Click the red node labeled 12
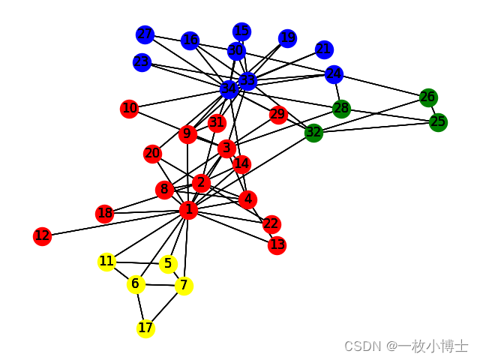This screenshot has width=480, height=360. click(42, 236)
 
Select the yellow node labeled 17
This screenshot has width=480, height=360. click(145, 328)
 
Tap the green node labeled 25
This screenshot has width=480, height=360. click(438, 121)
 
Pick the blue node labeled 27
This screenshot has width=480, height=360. click(145, 34)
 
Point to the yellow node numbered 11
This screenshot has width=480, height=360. click(107, 262)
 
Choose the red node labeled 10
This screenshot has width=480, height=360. click(130, 109)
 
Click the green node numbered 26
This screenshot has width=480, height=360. click(427, 97)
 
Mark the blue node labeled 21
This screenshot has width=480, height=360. click(324, 49)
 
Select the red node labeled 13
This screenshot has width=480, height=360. click(277, 244)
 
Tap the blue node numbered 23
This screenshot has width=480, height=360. click(142, 62)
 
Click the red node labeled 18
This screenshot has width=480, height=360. click(105, 214)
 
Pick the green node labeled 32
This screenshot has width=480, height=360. click(313, 133)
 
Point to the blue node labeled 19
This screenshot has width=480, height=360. click(287, 38)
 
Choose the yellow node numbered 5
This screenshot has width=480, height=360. click(168, 264)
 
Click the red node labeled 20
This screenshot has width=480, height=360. click(152, 154)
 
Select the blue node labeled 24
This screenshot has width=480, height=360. click(334, 74)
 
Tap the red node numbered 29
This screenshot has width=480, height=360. click(278, 115)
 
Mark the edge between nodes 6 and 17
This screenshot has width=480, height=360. click(140, 306)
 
